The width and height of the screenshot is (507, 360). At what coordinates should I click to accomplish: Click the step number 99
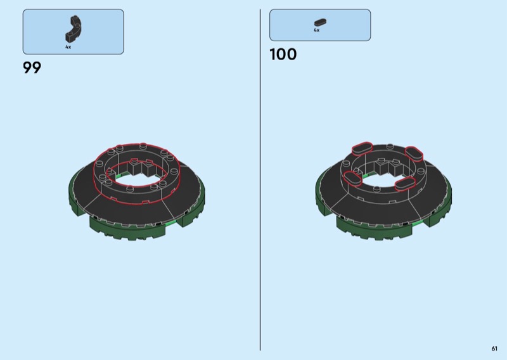[x=32, y=68]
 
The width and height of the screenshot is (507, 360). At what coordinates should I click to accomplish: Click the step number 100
[x=283, y=55]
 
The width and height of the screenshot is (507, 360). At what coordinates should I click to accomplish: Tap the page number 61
[x=494, y=349]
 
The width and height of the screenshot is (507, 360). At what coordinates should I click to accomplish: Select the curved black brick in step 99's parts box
[x=74, y=29]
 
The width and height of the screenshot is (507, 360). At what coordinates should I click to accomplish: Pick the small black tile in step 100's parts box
[x=320, y=22]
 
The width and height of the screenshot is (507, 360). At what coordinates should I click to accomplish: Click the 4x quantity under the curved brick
[x=68, y=47]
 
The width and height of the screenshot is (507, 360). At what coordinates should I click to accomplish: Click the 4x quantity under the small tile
[x=316, y=30]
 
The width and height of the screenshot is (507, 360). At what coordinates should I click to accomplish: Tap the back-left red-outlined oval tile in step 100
[x=362, y=148]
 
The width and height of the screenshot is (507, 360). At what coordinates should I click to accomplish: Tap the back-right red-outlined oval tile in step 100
[x=414, y=153]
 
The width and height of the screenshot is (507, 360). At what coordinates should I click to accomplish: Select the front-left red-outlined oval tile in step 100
[x=352, y=179]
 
